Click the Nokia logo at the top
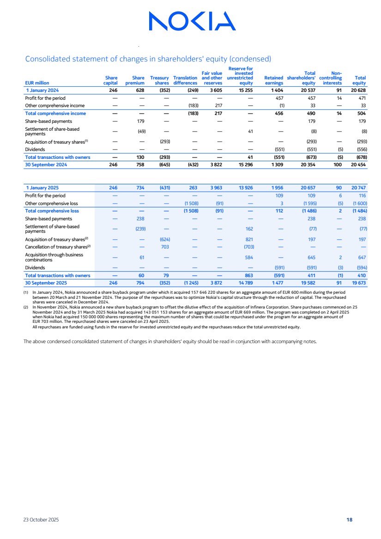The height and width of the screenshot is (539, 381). (192, 21)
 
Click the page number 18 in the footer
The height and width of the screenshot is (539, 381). (350, 520)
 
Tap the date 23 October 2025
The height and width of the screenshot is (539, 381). (41, 520)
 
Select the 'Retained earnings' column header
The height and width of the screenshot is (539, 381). (274, 80)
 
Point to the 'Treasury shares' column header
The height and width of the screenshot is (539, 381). (160, 80)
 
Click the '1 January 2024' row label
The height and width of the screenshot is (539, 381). (42, 91)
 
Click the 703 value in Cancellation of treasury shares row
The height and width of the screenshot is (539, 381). (165, 247)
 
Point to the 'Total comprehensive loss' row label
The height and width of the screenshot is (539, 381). (52, 211)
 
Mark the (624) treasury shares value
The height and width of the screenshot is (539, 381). (164, 239)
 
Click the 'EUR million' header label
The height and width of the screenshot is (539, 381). (37, 83)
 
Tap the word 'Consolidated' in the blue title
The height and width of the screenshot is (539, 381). (48, 59)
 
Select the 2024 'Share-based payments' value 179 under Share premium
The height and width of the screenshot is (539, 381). (142, 121)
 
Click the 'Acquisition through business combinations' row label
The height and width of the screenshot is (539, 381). (54, 257)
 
